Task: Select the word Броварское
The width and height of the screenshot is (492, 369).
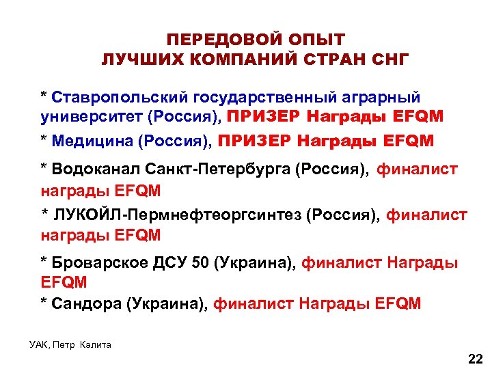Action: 99,262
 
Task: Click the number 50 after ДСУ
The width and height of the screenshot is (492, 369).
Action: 202,262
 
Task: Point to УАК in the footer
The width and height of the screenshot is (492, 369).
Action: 38,344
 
